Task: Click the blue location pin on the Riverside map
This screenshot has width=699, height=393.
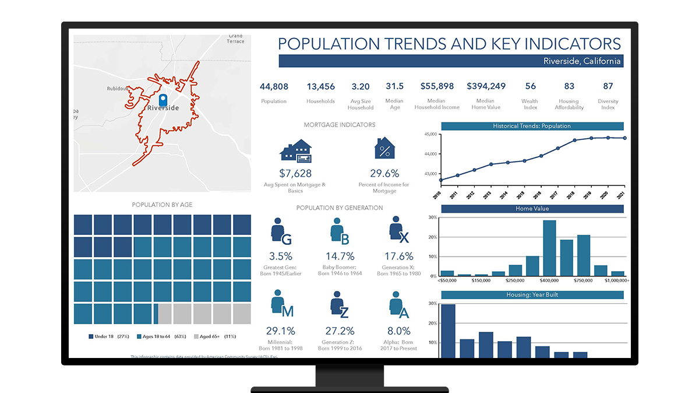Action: point(163,99)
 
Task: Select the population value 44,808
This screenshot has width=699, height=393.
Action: point(274,86)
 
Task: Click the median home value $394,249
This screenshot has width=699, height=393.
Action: point(486,86)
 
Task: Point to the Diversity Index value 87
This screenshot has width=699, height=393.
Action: point(608,86)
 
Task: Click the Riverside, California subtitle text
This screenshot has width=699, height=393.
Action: point(582,61)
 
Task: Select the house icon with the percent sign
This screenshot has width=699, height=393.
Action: point(384,149)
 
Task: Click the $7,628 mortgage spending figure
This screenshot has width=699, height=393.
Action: point(295,173)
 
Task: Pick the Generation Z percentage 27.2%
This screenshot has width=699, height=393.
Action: point(338,331)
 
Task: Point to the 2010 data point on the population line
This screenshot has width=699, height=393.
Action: point(441,180)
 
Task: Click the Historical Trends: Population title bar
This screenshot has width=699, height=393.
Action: point(532,126)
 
